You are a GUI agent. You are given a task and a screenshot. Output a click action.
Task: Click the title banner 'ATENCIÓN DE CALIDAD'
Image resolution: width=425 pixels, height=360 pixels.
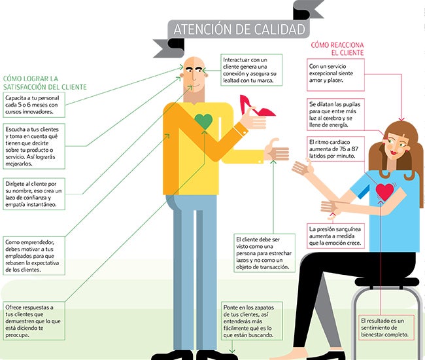[x=239, y=29]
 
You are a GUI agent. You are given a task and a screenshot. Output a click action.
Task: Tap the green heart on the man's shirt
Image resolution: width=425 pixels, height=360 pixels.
[x=203, y=121]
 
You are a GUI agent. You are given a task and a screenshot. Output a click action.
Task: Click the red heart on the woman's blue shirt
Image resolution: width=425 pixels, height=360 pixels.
[x=384, y=192]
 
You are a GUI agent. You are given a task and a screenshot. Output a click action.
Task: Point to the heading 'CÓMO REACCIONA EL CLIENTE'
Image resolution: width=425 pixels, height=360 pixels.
[x=337, y=49]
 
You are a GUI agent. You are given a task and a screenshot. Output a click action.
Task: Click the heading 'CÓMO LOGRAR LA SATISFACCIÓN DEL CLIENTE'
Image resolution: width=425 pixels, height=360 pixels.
[x=44, y=82]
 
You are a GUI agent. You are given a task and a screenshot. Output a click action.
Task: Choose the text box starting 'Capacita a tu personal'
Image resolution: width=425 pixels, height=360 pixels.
[x=34, y=105]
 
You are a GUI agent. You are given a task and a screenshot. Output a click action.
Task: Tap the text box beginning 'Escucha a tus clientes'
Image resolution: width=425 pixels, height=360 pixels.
[x=34, y=146]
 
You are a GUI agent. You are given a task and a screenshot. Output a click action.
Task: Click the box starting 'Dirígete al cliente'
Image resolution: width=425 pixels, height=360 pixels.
[x=34, y=194]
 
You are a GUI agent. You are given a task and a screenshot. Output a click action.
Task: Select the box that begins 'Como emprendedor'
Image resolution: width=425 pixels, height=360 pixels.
[x=34, y=256]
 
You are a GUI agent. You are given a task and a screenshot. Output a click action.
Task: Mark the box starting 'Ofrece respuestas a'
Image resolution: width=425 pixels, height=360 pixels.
[x=34, y=321]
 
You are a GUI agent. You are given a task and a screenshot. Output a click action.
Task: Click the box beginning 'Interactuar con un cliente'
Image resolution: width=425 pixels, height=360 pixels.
[x=251, y=70]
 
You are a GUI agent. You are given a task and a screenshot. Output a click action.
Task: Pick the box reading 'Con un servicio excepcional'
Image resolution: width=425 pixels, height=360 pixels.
[x=335, y=75]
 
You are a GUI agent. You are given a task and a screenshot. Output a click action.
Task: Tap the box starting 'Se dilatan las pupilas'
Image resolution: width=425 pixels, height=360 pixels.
[x=335, y=115]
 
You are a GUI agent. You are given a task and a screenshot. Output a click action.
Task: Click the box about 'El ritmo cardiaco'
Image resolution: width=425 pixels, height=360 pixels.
[x=335, y=149]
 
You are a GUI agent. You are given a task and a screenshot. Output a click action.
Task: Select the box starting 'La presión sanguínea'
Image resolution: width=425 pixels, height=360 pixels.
[x=335, y=236]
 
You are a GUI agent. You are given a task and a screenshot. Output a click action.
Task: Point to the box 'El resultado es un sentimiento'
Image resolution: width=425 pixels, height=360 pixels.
[x=386, y=327]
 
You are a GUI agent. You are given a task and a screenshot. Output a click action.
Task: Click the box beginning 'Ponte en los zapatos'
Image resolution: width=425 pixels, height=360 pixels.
[x=252, y=321]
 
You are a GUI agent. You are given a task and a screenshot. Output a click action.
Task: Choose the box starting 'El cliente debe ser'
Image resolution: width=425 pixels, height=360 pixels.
[x=264, y=253]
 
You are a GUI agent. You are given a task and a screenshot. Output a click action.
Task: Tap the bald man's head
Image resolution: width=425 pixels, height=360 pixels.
[x=194, y=72]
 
